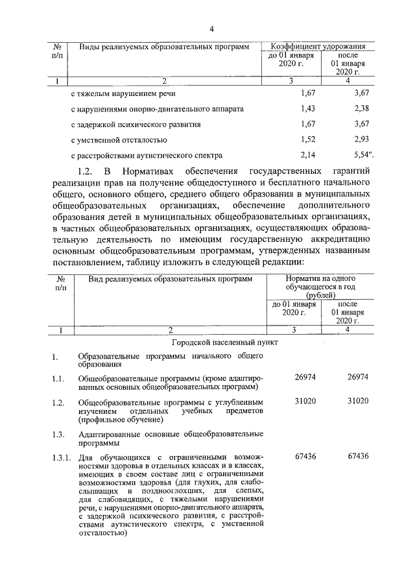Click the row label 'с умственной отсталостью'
pos(119,140)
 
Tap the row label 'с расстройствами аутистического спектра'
pos(147,156)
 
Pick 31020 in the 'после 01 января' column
pos(357,401)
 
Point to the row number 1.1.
pos(58,377)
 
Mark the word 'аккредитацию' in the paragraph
pos(337,239)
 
